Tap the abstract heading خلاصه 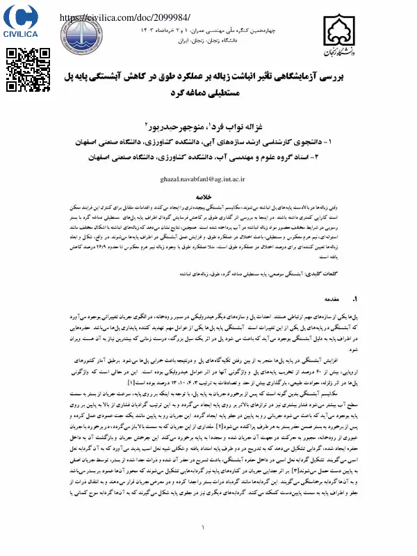[x=208, y=197]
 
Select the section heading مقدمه [x=326, y=300]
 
